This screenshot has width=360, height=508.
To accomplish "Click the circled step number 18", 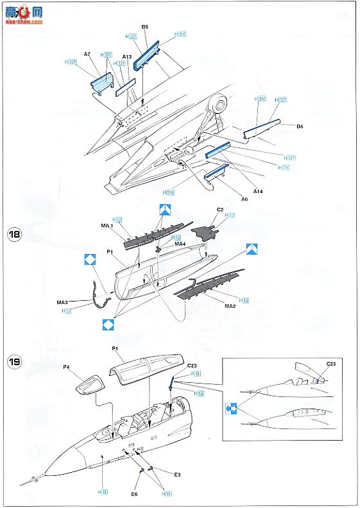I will click(x=15, y=234).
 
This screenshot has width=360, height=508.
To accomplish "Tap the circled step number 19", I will click(x=15, y=362).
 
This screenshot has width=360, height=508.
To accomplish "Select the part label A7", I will click(x=87, y=56).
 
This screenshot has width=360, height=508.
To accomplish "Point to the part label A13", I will click(x=127, y=57).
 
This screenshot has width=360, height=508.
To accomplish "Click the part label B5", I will click(x=145, y=26).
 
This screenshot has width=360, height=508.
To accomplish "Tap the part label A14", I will click(x=257, y=190).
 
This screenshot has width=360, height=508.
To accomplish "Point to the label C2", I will click(x=219, y=209).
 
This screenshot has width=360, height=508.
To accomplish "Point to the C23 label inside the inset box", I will click(x=330, y=363).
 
